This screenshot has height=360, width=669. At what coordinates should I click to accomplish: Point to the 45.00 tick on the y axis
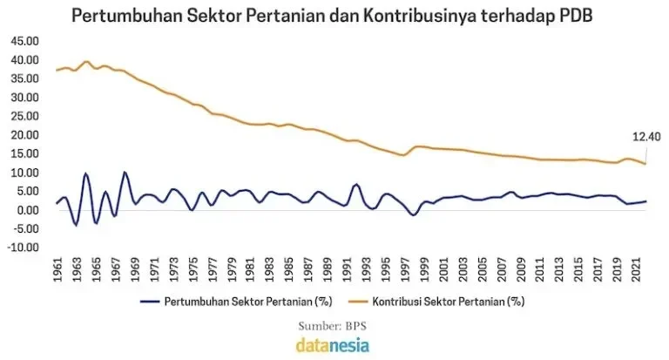24,42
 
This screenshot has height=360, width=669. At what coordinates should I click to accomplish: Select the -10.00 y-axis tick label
24,248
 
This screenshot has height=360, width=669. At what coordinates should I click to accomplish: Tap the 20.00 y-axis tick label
24,135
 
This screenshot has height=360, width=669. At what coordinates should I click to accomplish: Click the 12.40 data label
645,137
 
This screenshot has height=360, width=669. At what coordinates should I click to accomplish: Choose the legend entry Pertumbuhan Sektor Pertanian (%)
236,302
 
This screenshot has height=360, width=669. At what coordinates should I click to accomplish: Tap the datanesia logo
334,344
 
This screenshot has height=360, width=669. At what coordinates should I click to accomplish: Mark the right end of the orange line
645,164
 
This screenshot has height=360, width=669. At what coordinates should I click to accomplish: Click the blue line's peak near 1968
125,173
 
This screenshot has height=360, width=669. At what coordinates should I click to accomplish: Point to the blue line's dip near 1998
413,214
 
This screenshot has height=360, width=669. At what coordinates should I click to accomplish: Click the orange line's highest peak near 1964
86,62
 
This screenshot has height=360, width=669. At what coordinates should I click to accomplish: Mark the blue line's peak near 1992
355,185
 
